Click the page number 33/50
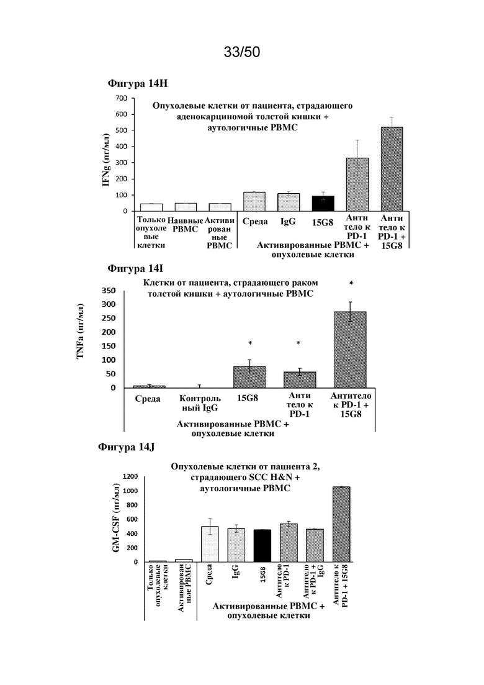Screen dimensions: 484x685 tap(242, 52)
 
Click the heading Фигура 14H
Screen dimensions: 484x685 tap(138, 83)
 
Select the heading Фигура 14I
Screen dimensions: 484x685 tap(135, 269)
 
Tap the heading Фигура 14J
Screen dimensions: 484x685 tap(126, 447)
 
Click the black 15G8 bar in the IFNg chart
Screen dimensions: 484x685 tap(323, 203)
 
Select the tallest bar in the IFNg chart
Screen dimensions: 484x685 tap(392, 169)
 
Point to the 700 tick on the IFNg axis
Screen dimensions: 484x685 tap(122, 98)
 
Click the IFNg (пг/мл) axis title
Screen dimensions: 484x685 tap(105, 160)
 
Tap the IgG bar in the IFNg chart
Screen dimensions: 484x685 tap(289, 202)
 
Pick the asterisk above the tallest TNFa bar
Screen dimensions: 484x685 tap(351, 284)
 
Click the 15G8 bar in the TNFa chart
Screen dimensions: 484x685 tap(249, 376)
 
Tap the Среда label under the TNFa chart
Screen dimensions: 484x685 tap(148, 399)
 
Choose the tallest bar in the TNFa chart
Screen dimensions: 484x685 tap(351, 350)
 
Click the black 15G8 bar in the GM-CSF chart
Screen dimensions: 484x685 tap(262, 546)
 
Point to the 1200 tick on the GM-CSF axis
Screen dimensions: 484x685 tap(130, 476)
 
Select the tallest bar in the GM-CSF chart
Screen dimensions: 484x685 tap(341, 524)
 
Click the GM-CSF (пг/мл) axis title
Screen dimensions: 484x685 tap(116, 518)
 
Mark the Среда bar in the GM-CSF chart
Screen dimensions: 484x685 tap(210, 544)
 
